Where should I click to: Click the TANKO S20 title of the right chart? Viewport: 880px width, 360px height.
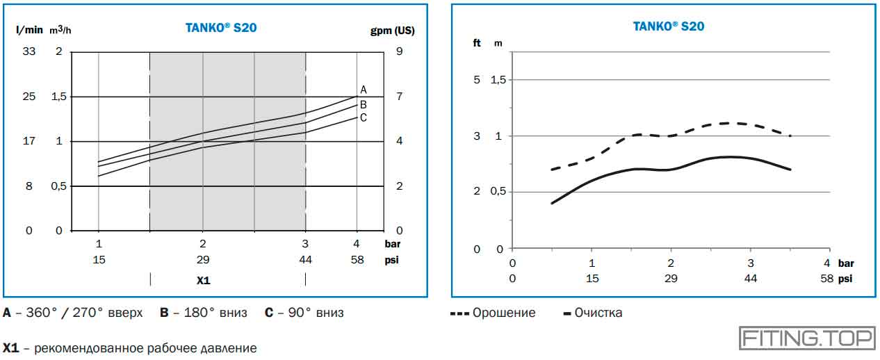(668, 26)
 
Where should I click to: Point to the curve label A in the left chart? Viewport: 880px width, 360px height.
(363, 90)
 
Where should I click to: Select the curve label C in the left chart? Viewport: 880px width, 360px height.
(363, 117)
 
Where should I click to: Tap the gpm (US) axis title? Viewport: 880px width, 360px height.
(393, 31)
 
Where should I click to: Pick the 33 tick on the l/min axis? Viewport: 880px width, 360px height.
(29, 51)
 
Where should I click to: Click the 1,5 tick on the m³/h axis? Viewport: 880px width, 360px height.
(59, 97)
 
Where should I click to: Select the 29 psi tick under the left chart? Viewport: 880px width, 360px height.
(202, 259)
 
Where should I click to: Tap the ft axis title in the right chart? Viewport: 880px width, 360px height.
(477, 43)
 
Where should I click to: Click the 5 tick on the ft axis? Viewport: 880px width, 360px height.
(477, 80)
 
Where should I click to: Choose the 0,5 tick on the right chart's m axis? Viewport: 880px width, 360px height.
(498, 192)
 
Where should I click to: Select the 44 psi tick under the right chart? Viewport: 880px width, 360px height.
(751, 279)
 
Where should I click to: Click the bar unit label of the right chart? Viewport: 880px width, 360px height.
(846, 264)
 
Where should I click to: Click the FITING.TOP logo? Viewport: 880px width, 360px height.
(806, 338)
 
